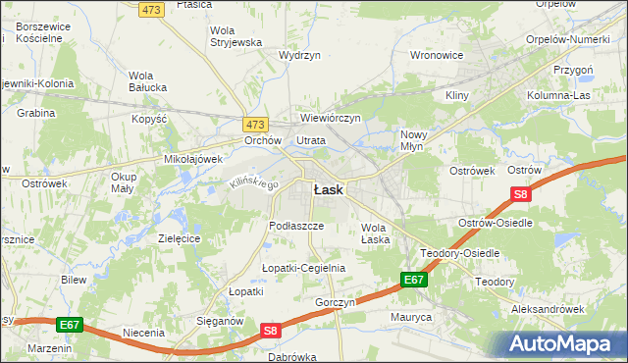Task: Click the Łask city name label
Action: (x=328, y=190)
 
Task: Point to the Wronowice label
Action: (x=436, y=55)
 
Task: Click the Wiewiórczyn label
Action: (x=331, y=118)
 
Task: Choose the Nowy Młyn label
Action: (x=417, y=140)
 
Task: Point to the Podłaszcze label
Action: (x=296, y=226)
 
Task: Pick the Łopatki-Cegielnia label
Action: (x=303, y=268)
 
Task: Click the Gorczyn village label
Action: (x=335, y=302)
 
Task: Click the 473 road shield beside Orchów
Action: (x=255, y=125)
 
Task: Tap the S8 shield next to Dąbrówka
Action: (x=272, y=332)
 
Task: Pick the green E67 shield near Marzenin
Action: (x=68, y=325)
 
